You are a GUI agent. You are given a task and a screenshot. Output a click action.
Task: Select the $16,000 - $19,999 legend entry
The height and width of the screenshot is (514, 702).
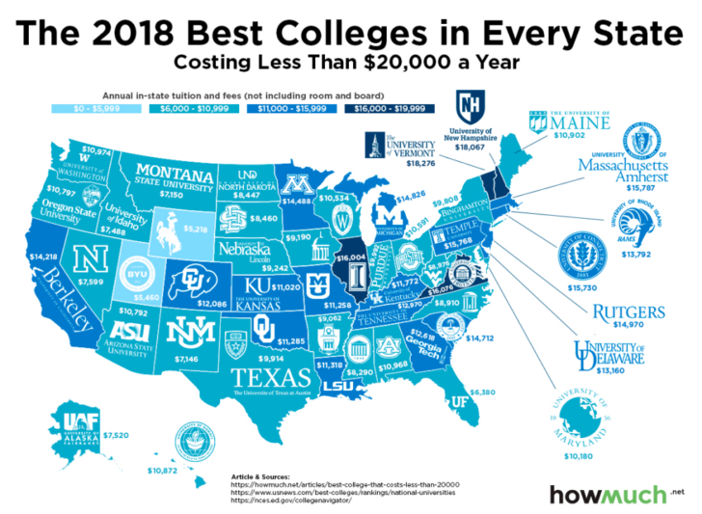(397, 112)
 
